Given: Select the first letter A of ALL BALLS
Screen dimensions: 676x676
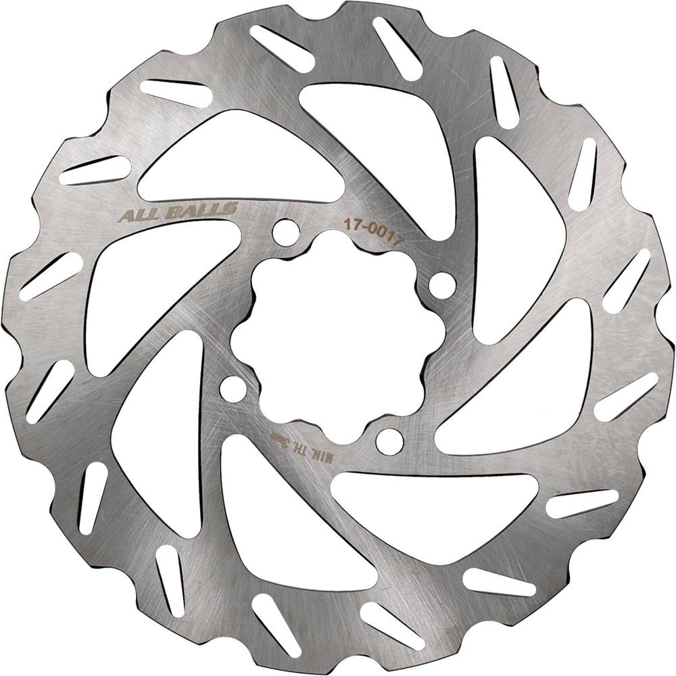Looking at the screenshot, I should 125,217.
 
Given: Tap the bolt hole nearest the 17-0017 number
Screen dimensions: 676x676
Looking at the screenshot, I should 442,285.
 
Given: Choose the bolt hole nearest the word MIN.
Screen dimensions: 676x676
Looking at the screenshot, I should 390,441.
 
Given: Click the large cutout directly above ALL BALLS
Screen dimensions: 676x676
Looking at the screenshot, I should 237,159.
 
